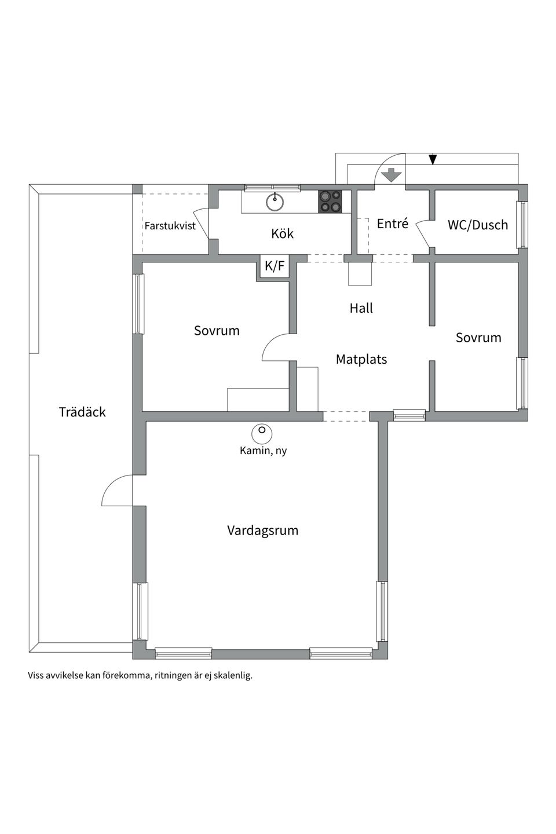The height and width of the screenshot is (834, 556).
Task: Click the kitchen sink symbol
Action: pyautogui.click(x=275, y=202)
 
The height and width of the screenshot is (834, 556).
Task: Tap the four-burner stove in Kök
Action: pyautogui.click(x=330, y=202)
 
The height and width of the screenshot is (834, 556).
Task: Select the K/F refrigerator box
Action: pyautogui.click(x=275, y=266)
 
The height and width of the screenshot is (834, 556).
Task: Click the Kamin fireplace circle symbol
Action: pyautogui.click(x=262, y=431)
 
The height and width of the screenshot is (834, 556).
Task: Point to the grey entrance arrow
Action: pyautogui.click(x=392, y=174)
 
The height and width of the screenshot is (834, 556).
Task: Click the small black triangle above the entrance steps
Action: pyautogui.click(x=433, y=160)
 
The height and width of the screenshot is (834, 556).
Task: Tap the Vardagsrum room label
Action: pyautogui.click(x=262, y=531)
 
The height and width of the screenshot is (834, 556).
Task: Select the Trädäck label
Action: pyautogui.click(x=82, y=412)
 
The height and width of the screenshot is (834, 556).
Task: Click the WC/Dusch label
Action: pyautogui.click(x=477, y=225)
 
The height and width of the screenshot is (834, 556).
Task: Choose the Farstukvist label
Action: pyautogui.click(x=170, y=226)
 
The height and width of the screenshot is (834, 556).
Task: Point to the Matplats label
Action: pyautogui.click(x=361, y=360)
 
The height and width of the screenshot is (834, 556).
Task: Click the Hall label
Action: pyautogui.click(x=361, y=308)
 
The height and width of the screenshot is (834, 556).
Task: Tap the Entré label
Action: pyautogui.click(x=392, y=224)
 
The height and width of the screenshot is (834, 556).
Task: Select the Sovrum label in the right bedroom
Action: pyautogui.click(x=478, y=338)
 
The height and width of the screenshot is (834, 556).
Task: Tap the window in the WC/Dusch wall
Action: pyautogui.click(x=522, y=225)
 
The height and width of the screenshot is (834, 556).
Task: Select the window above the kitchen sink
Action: pyautogui.click(x=272, y=188)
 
